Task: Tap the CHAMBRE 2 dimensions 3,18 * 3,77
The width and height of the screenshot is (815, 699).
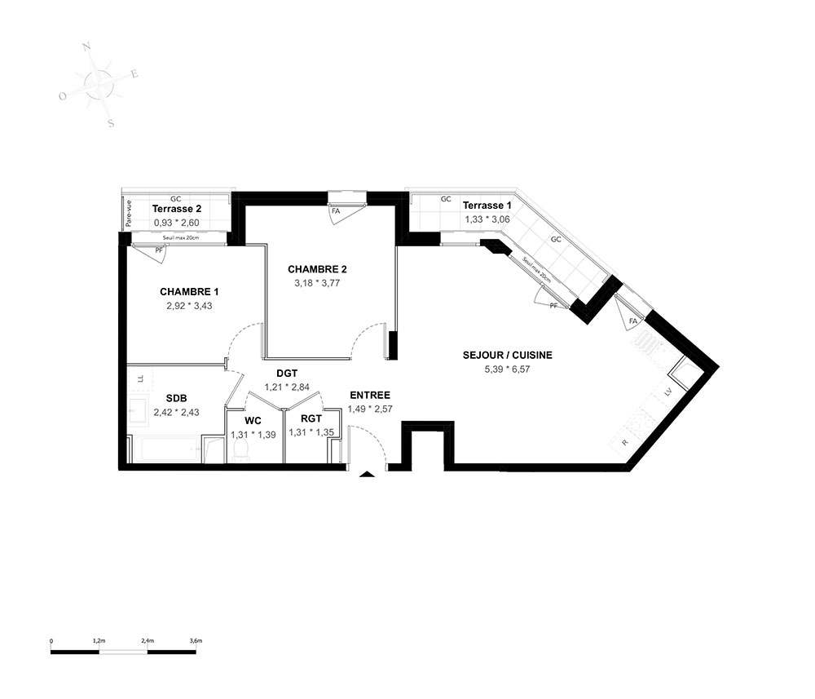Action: [x=317, y=284]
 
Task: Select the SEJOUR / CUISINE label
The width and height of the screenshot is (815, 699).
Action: [x=507, y=356]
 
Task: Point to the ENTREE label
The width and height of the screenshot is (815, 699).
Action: [x=370, y=396]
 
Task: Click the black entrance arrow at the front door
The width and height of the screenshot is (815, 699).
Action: [x=367, y=474]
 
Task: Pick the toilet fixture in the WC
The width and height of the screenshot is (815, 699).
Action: [x=240, y=451]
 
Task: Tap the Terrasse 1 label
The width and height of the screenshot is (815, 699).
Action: [x=487, y=206]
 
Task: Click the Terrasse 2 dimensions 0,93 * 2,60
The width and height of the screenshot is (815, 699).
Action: [x=176, y=223]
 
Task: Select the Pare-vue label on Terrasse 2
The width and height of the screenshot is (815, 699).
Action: [x=129, y=214]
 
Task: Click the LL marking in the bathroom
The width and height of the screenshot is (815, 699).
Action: [x=140, y=378]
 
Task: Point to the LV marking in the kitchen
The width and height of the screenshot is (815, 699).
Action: [x=668, y=392]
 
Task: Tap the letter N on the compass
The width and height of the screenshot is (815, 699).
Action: [x=86, y=47]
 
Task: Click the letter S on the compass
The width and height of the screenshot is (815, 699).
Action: [x=111, y=124]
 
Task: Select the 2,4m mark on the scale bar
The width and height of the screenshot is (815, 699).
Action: [x=148, y=641]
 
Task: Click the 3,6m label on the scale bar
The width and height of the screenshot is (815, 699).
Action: [x=196, y=641]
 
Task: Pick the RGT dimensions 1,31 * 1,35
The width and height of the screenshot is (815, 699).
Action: [x=311, y=432]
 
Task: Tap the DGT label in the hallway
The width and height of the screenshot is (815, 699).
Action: [x=287, y=374]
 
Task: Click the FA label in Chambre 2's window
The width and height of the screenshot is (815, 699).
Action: [x=336, y=211]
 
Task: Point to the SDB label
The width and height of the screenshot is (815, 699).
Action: [x=176, y=398]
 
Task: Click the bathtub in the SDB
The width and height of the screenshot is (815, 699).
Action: [x=165, y=450]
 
